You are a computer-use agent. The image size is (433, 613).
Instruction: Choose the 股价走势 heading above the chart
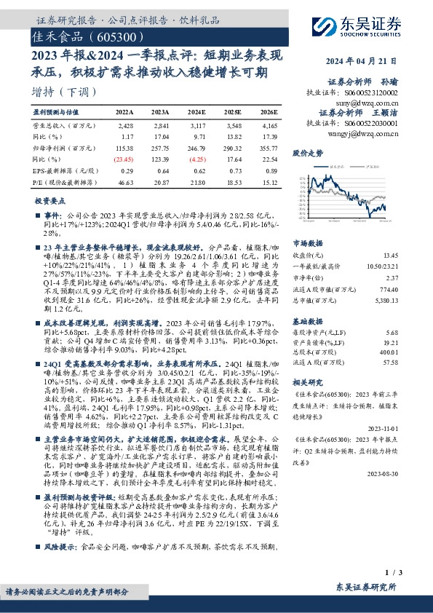308,153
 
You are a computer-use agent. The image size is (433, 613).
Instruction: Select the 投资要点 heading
50,199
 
